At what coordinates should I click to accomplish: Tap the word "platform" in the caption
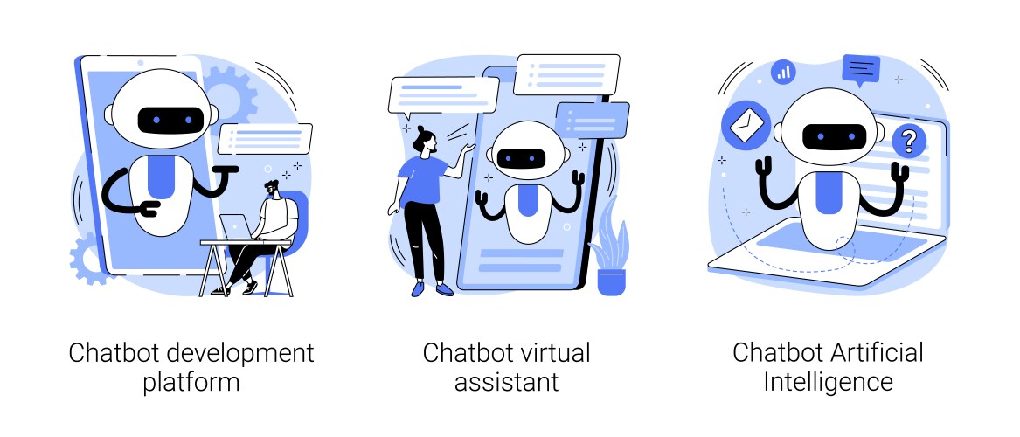[x=191, y=382]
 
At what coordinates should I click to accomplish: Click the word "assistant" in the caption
[x=506, y=382]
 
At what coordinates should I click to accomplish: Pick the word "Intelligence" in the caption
[x=828, y=382]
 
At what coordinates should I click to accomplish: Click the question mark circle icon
[x=909, y=140]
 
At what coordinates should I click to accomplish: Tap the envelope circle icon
[x=742, y=127]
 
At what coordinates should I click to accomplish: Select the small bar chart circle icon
[x=784, y=72]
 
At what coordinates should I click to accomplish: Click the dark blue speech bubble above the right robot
[x=862, y=68]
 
